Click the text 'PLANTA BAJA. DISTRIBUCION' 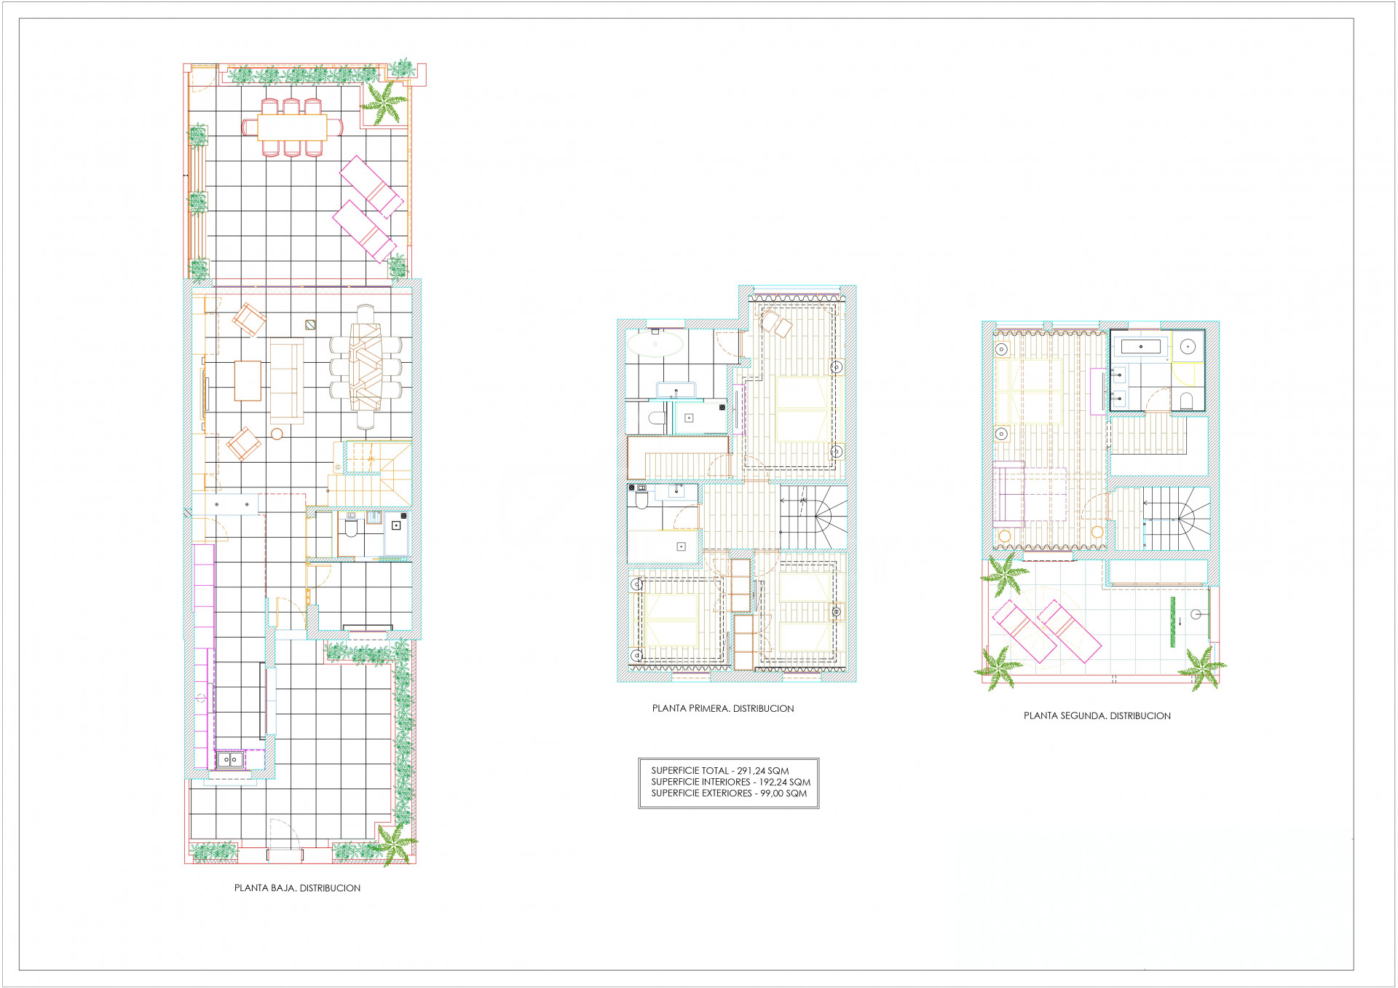click(x=297, y=888)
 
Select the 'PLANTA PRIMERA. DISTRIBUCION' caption click(x=723, y=708)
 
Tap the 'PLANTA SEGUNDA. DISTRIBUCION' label click(x=1097, y=715)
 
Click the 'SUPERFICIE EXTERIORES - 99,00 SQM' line click(x=729, y=793)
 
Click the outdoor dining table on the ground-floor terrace click(x=292, y=128)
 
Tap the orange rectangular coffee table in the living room click(x=248, y=380)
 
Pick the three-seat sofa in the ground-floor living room click(x=287, y=381)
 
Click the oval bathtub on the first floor click(x=655, y=344)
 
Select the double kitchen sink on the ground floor click(x=230, y=760)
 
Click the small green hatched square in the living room click(x=310, y=325)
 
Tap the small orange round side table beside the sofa click(x=277, y=434)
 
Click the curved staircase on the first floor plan click(x=813, y=518)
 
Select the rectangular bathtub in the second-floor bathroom click(x=1141, y=347)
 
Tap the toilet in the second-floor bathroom click(x=1185, y=401)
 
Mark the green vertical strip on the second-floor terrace click(x=1172, y=622)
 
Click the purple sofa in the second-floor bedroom click(x=1009, y=494)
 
